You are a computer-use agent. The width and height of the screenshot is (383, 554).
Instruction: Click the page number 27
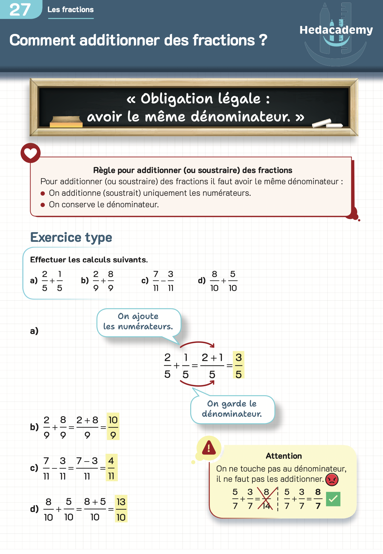point(20,10)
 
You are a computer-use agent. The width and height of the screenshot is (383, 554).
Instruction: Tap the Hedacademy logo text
point(336,30)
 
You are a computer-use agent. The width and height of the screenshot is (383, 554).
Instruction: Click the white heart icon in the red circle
point(30,153)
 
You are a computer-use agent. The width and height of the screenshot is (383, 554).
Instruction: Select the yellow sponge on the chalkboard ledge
point(66,122)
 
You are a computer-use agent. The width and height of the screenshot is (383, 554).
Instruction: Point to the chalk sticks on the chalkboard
point(327,124)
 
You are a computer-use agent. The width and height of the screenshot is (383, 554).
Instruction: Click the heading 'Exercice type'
point(71,237)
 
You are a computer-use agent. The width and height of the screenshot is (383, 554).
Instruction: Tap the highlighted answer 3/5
point(238,365)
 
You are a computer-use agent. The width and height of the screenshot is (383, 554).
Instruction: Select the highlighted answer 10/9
point(113,427)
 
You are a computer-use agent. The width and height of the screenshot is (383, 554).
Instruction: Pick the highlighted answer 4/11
point(111,468)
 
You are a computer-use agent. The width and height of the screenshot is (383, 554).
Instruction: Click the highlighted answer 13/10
point(121,509)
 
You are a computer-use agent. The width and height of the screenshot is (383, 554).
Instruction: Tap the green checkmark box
point(333,499)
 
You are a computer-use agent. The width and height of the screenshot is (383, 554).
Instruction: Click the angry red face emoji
point(332,479)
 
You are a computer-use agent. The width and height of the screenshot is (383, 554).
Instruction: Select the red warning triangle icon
point(209,448)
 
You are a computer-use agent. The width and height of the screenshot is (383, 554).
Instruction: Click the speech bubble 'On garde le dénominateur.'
point(232,409)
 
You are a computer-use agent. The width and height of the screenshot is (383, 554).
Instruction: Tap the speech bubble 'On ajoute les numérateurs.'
point(138,322)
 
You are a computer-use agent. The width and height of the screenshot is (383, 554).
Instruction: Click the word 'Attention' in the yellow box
point(284,456)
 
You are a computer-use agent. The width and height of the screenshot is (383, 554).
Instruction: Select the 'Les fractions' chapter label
point(71,10)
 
